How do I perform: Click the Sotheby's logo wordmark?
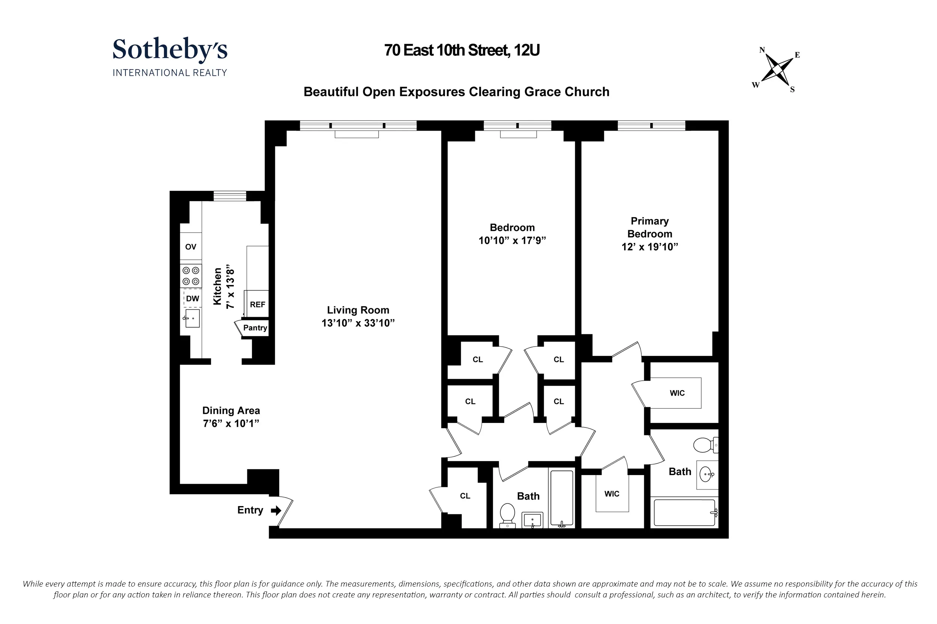170,49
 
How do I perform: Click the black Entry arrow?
276,511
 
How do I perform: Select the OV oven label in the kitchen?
190,247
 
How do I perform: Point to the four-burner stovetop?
191,276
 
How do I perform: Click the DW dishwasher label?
192,298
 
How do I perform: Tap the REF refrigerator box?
257,304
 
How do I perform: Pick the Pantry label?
255,328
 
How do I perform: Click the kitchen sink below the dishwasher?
192,319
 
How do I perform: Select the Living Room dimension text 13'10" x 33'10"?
358,323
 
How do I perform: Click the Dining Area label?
231,410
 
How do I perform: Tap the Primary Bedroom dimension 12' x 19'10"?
650,247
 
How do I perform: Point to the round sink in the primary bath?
707,474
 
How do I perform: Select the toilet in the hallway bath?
507,514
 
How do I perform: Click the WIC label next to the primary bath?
612,494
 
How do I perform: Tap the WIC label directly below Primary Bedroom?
677,393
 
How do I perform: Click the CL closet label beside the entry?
465,496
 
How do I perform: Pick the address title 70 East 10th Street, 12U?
462,51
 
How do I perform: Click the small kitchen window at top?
229,196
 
